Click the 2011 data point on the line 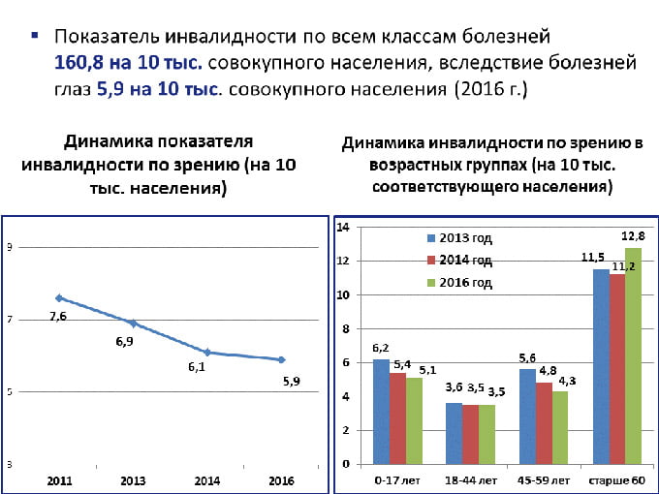tap(59, 297)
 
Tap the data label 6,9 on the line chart tap(125, 343)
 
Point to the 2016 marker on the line tap(281, 359)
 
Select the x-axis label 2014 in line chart tap(206, 479)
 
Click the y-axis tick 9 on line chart tap(9, 248)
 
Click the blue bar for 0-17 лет tap(382, 411)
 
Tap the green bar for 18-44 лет tap(486, 433)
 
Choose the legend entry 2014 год tap(459, 260)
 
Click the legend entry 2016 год tap(459, 282)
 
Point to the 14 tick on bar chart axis tap(342, 227)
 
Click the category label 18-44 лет tap(469, 479)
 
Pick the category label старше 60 tap(617, 479)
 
